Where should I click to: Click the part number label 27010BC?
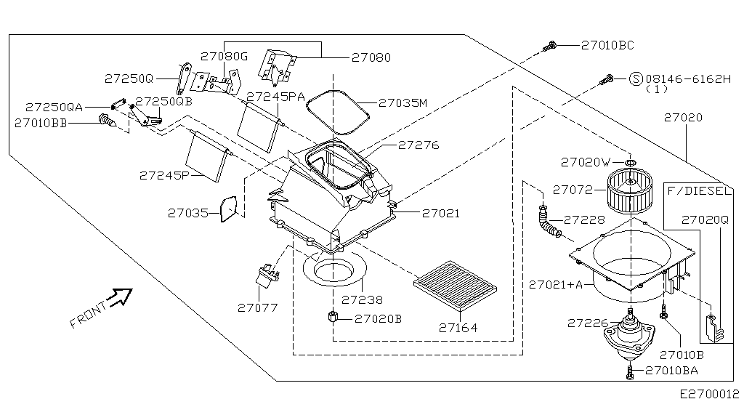pos(607,45)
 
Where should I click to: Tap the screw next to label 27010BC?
pos(549,47)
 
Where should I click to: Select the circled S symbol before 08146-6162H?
pos(636,78)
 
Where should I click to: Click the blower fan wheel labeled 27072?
pos(630,191)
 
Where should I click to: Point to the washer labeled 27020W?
pos(630,164)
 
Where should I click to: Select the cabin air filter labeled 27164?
pos(456,284)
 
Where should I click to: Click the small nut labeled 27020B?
pos(332,316)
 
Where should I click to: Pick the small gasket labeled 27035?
pos(229,209)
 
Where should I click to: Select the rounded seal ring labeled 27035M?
pos(338,112)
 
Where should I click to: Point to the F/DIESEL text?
pos(700,191)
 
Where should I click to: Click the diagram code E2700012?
pos(709,394)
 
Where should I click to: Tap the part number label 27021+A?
pos(556,285)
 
